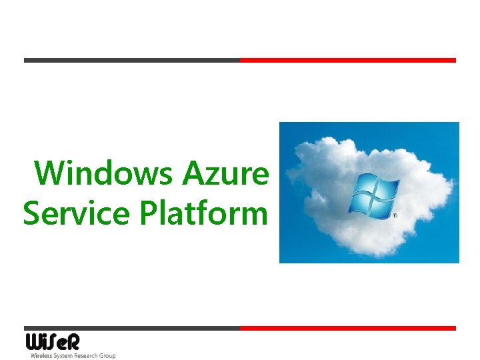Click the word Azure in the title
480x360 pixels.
tap(225, 174)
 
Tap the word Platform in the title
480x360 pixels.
tap(203, 214)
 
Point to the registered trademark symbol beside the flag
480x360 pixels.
tap(395, 216)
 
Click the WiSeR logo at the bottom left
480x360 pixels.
tap(53, 343)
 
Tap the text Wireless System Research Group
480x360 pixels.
tap(73, 356)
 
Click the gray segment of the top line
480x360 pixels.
tap(131, 60)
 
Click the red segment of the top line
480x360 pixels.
tap(347, 60)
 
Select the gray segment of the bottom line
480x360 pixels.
tap(131, 328)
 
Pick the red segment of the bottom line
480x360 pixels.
tap(347, 328)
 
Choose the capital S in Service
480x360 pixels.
tap(32, 214)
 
